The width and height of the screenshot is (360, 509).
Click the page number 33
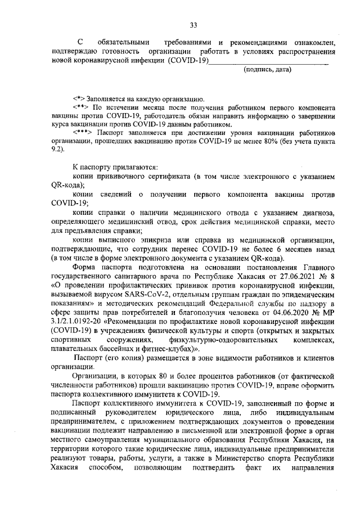pos(193,25)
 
